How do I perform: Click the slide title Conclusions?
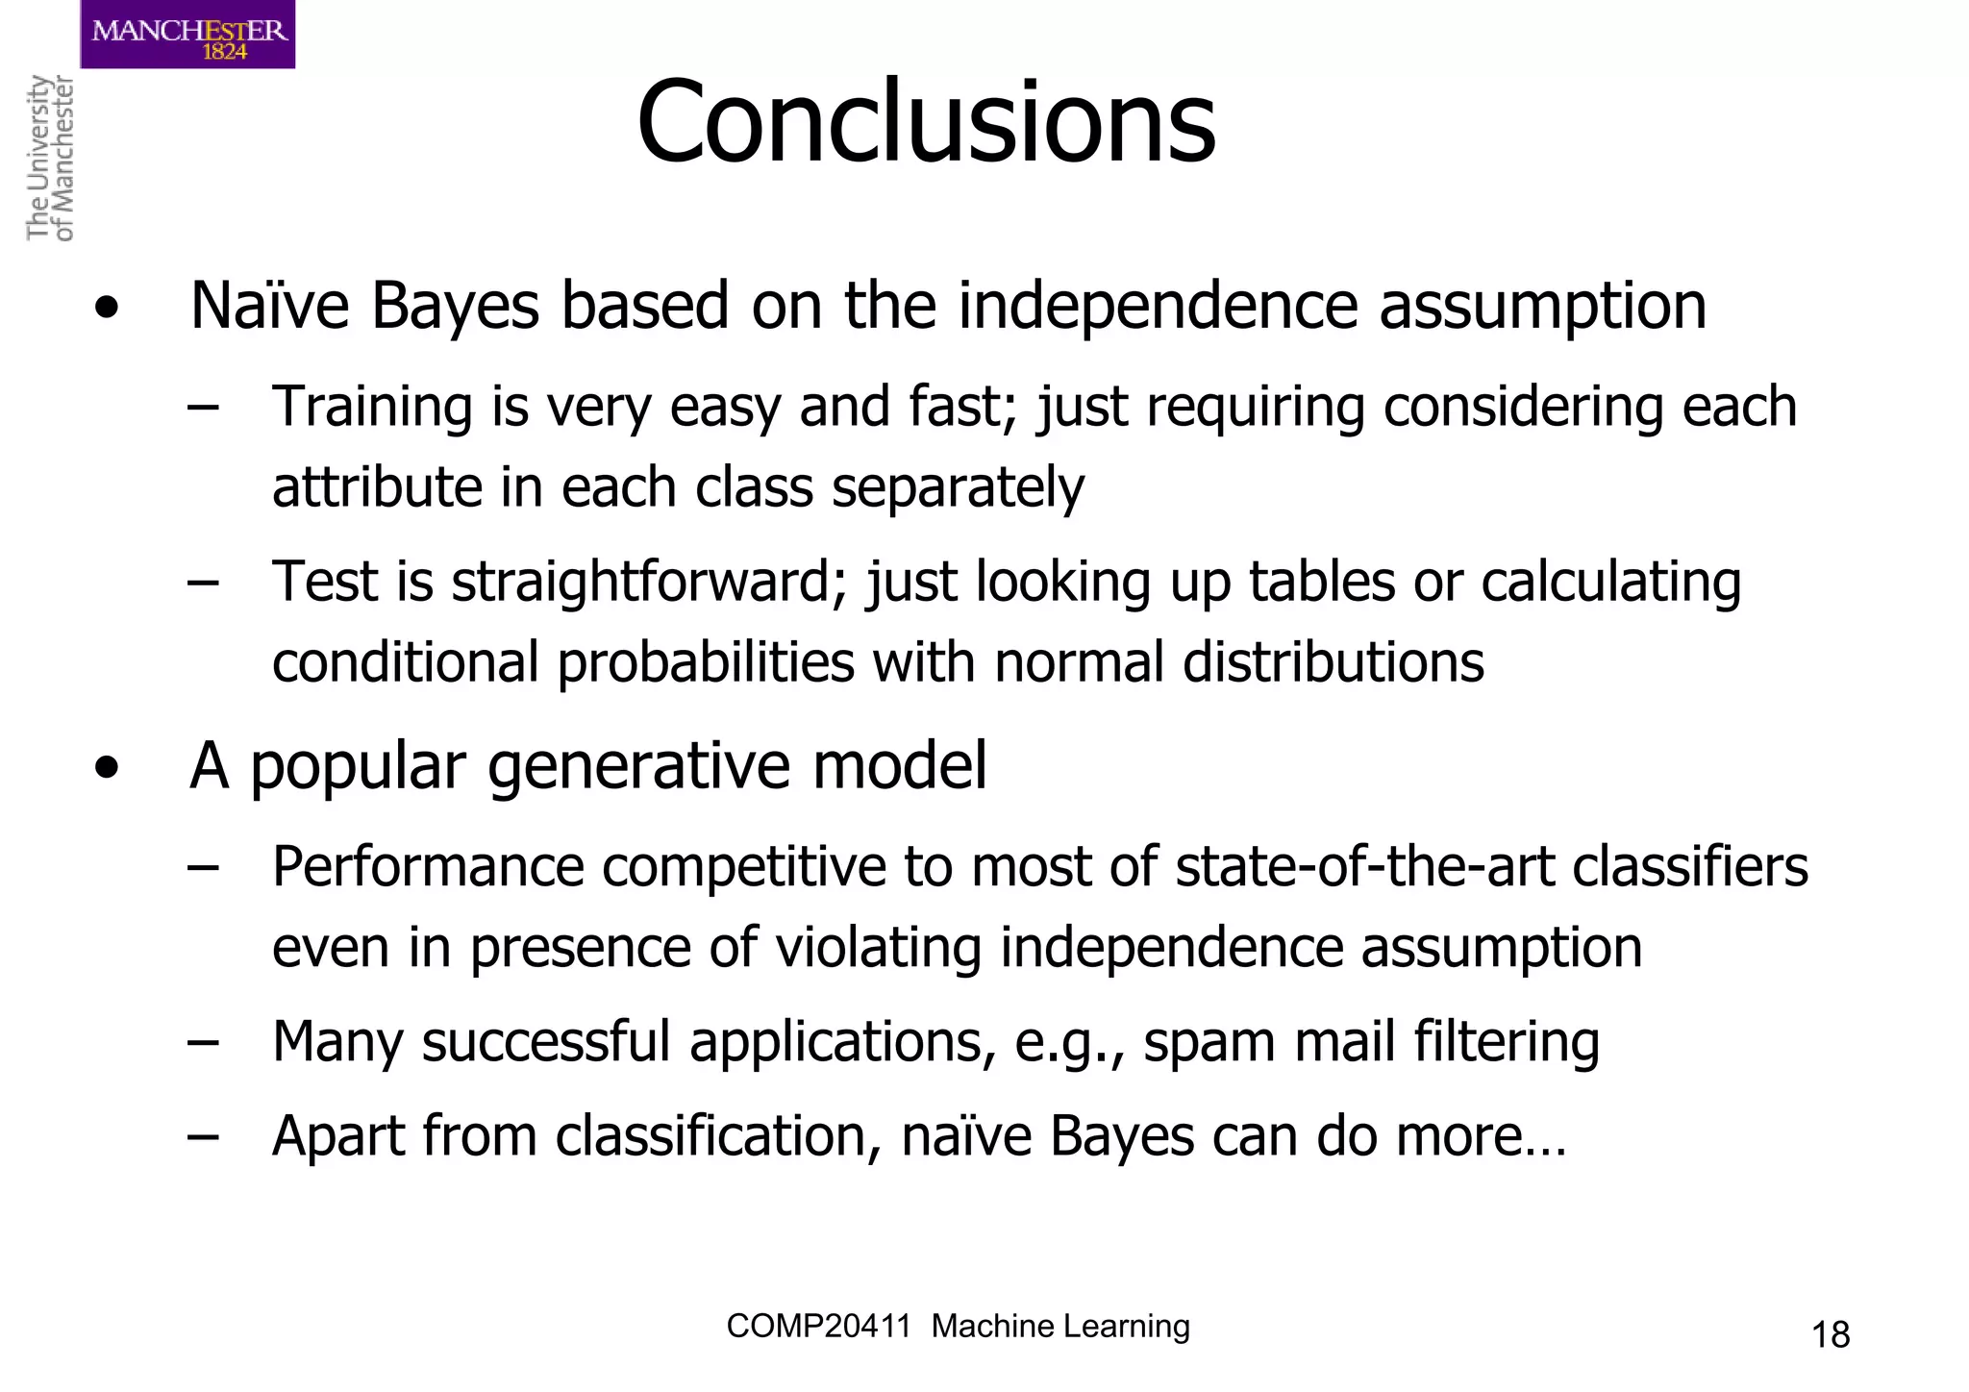(926, 123)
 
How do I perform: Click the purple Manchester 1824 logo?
(187, 35)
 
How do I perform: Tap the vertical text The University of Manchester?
(49, 159)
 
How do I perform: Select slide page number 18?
(1830, 1335)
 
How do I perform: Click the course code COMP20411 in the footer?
(818, 1327)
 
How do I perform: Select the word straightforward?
(649, 583)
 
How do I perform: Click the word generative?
(640, 767)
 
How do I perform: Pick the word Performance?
(428, 867)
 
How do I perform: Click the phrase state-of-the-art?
(1364, 867)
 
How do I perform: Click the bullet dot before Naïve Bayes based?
(107, 309)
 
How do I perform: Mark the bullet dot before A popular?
(107, 768)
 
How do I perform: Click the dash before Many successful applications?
(203, 1043)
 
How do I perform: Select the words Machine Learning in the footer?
(1060, 1327)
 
